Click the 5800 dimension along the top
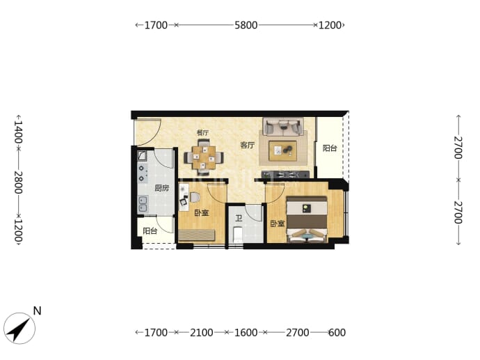246,25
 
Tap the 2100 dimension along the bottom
202,332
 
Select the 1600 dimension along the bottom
246,332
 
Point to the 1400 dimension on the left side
18,132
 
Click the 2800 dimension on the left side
18,182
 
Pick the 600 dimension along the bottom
337,332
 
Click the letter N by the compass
37,311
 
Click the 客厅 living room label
247,145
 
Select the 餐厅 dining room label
202,133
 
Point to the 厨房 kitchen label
161,188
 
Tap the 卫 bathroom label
239,219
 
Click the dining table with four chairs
204,157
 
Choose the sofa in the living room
283,127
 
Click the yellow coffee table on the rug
282,150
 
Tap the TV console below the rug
285,175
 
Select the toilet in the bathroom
238,235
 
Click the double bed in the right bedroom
307,219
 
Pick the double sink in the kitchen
143,204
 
